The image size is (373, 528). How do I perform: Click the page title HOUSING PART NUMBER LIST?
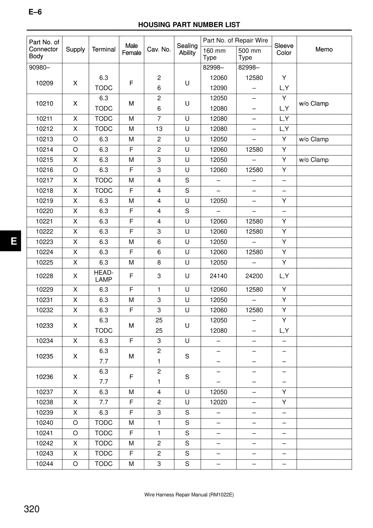(x=189, y=25)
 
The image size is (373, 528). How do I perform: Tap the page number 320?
(x=31, y=509)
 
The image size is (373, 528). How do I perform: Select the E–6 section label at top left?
(x=35, y=12)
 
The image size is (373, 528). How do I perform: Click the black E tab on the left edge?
(x=11, y=241)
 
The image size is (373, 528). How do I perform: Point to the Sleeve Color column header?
(x=284, y=49)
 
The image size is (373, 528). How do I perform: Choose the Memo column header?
(x=324, y=49)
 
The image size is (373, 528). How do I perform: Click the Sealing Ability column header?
(x=187, y=49)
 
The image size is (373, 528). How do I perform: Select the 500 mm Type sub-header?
(x=249, y=54)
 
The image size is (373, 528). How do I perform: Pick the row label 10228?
(x=44, y=276)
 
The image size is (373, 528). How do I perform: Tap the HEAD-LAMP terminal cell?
(x=104, y=276)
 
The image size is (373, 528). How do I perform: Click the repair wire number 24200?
(x=254, y=276)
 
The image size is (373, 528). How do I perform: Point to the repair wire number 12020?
(x=218, y=402)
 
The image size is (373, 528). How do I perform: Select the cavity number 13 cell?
(x=159, y=129)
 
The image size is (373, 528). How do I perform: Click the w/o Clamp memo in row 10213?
(x=314, y=139)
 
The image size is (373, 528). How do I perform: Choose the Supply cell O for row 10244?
(x=75, y=464)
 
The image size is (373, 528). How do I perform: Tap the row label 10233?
(x=44, y=326)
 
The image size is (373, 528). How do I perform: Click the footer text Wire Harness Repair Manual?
(x=189, y=495)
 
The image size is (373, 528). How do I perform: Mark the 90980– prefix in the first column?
(x=39, y=68)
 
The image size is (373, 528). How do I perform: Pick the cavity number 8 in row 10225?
(x=159, y=262)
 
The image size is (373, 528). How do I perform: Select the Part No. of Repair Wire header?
(x=235, y=41)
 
